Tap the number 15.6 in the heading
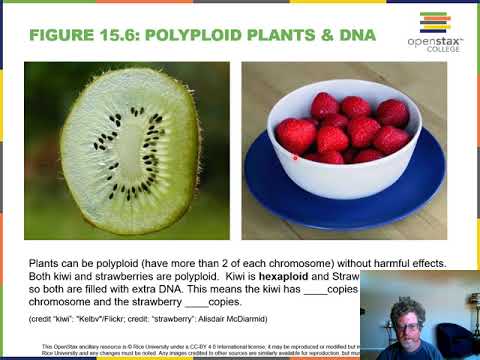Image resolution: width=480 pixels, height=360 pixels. [121, 36]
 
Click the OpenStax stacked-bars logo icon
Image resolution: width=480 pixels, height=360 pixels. [434, 22]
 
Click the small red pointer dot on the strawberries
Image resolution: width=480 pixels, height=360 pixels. [295, 156]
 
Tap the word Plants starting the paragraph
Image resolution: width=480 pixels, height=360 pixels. [46, 263]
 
